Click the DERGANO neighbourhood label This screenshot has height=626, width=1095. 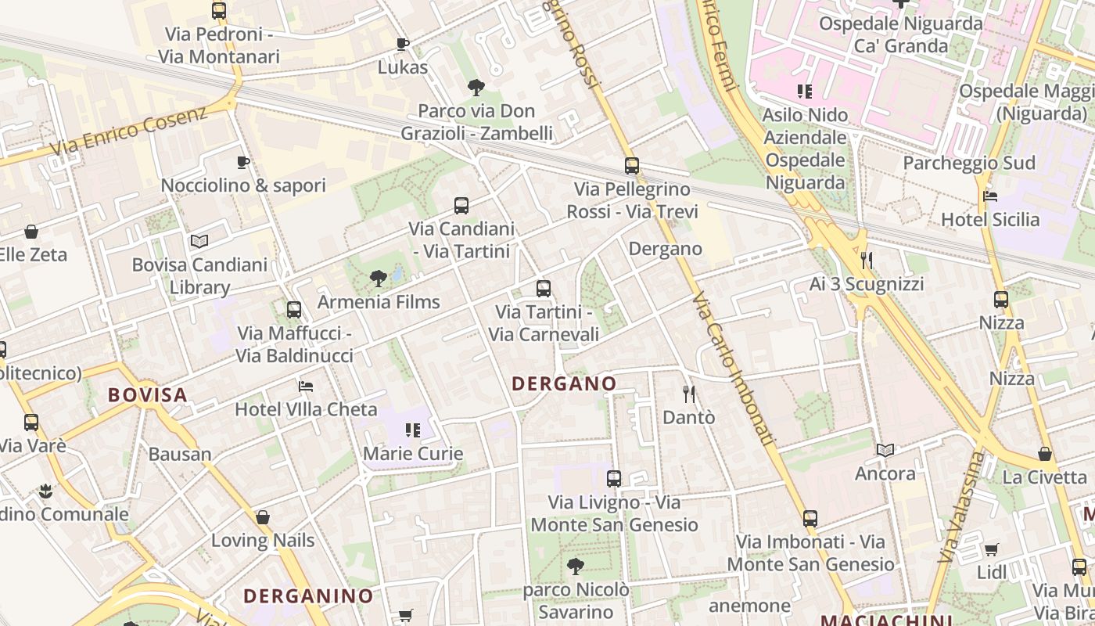click(x=563, y=383)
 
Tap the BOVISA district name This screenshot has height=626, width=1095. click(x=148, y=394)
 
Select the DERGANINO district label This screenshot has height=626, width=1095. click(x=308, y=595)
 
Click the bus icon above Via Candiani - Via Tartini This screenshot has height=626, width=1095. click(x=461, y=206)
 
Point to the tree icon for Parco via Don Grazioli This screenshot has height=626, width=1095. click(x=476, y=88)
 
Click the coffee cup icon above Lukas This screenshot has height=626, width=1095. click(x=403, y=44)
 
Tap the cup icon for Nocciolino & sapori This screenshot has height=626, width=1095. click(x=243, y=162)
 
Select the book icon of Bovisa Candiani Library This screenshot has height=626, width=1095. click(x=199, y=242)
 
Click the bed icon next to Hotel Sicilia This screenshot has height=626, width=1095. click(x=990, y=196)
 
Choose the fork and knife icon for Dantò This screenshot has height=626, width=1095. click(x=689, y=394)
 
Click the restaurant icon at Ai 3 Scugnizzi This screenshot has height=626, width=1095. click(x=867, y=260)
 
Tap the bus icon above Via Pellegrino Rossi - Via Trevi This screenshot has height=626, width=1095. click(x=632, y=166)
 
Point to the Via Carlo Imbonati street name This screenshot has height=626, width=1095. click(x=734, y=369)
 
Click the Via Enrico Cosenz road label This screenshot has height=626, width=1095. click(x=129, y=131)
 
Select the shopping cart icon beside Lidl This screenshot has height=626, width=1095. click(x=992, y=549)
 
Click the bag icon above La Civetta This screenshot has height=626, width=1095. click(x=1045, y=453)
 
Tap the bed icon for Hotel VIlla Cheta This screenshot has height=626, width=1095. click(x=306, y=386)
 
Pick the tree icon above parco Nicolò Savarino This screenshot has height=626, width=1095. click(x=576, y=565)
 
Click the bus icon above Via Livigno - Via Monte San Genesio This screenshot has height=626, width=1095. click(x=614, y=478)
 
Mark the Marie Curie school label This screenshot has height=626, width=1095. click(x=413, y=453)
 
